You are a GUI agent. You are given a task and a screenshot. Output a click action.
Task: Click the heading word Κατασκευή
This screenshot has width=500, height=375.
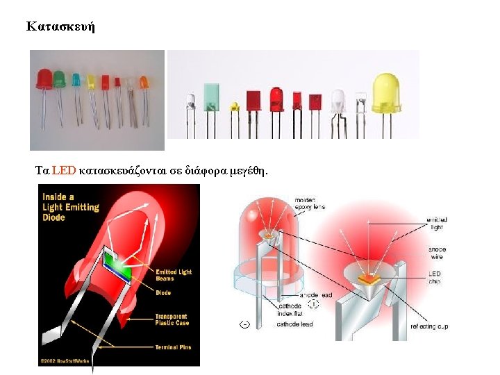[x=60, y=27]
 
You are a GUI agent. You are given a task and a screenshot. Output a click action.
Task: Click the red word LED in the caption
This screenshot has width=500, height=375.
[x=63, y=170]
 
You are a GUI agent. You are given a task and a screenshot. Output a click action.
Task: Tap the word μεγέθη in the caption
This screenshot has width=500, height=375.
[x=245, y=171]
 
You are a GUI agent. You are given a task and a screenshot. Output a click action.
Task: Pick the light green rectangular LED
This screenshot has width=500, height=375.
[x=211, y=98]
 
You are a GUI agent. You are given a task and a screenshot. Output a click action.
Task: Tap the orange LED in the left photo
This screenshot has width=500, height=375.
[x=144, y=82]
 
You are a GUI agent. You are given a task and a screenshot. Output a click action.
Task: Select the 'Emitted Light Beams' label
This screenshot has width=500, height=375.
[x=174, y=276]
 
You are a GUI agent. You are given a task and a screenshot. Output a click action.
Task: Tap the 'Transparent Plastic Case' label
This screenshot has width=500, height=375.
[x=172, y=320]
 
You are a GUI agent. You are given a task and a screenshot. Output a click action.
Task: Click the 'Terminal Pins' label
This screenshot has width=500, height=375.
[x=173, y=347]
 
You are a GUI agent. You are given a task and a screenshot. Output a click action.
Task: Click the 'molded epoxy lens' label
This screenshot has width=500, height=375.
[x=310, y=203]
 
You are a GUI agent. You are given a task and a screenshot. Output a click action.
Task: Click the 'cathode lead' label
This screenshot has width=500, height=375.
[x=296, y=324]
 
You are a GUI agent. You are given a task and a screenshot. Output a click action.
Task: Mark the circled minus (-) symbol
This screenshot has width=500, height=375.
[x=244, y=324]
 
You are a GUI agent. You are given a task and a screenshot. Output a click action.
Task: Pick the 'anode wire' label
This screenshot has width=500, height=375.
[x=437, y=253]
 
